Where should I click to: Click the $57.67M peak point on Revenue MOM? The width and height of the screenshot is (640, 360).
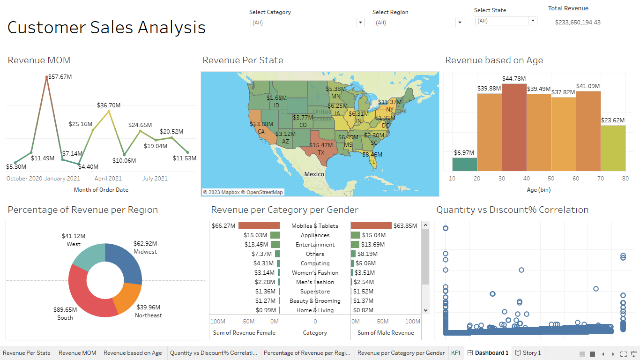point(46,77)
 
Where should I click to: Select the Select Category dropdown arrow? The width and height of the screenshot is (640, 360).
point(360,22)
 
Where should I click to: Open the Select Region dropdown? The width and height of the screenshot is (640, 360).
point(418,22)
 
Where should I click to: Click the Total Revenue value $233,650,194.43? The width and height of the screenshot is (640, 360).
point(577,22)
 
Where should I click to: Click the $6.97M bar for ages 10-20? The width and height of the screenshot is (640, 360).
point(464,165)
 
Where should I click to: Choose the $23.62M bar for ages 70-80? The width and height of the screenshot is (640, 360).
point(613,148)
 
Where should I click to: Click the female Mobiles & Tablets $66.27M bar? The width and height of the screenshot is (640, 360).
point(259,226)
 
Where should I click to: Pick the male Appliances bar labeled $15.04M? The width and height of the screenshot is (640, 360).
point(355,235)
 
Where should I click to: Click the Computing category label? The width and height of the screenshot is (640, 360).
point(315,263)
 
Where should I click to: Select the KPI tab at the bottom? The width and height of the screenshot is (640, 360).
point(455,353)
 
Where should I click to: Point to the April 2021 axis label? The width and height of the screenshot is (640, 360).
point(108,179)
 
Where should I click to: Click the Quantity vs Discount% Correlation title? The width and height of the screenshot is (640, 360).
point(512,210)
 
